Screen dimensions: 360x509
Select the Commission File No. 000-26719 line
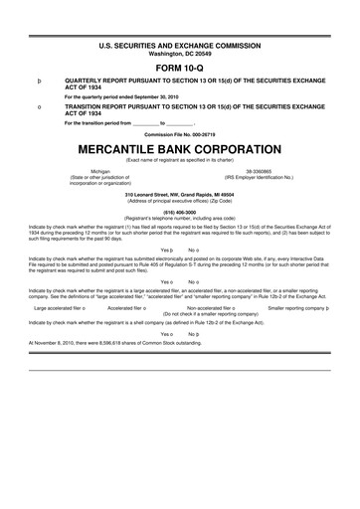pyautogui.click(x=179, y=133)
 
